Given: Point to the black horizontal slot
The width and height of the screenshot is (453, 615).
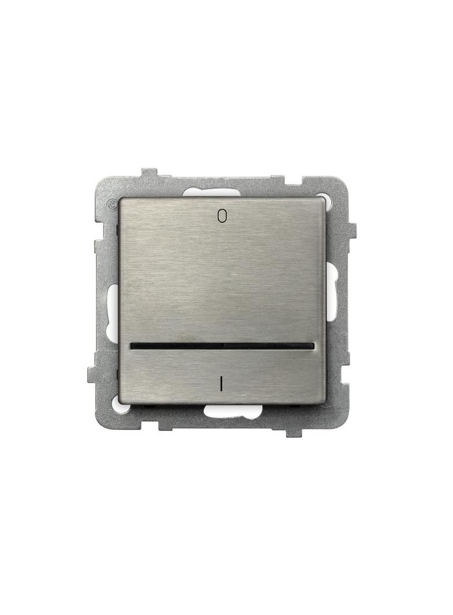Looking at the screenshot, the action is [222, 346].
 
